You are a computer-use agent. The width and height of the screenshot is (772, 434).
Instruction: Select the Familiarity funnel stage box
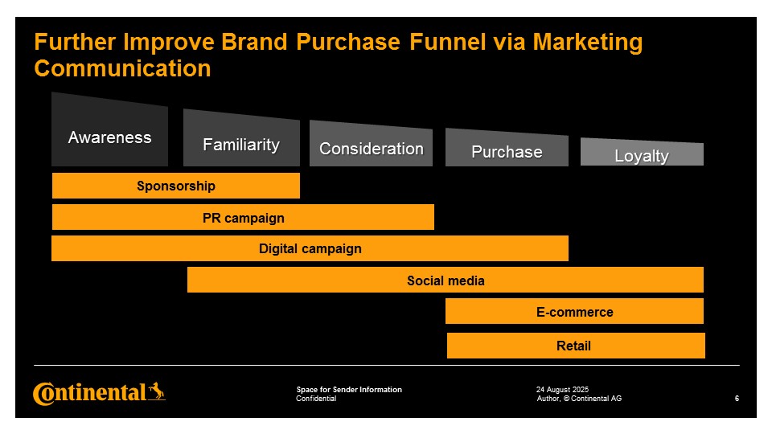click(241, 140)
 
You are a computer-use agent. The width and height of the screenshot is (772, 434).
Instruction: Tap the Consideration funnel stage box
click(372, 144)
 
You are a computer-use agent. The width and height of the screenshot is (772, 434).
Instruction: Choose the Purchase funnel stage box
click(507, 148)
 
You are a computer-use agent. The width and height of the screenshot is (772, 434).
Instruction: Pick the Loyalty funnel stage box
click(642, 153)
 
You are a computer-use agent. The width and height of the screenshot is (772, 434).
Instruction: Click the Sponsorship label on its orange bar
click(176, 186)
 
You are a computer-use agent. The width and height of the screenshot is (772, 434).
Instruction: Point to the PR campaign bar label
click(243, 218)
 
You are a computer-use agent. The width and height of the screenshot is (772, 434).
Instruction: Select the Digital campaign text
click(310, 248)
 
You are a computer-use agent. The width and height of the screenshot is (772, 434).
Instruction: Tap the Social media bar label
click(446, 280)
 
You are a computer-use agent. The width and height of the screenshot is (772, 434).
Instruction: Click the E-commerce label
click(574, 312)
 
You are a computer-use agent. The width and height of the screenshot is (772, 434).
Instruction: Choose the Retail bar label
click(573, 346)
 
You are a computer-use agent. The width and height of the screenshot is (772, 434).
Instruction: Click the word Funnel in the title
click(448, 42)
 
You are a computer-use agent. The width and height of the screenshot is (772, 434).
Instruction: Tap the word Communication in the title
click(122, 68)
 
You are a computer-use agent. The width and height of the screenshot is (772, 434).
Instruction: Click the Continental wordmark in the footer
click(89, 394)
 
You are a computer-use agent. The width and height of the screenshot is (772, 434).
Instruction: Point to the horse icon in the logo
click(157, 391)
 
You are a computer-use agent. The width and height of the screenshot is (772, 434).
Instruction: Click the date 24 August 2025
click(562, 389)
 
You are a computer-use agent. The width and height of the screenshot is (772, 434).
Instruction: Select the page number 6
click(737, 399)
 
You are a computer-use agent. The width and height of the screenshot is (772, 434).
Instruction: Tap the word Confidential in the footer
click(316, 399)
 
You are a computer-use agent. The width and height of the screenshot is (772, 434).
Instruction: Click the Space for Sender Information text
click(349, 389)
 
